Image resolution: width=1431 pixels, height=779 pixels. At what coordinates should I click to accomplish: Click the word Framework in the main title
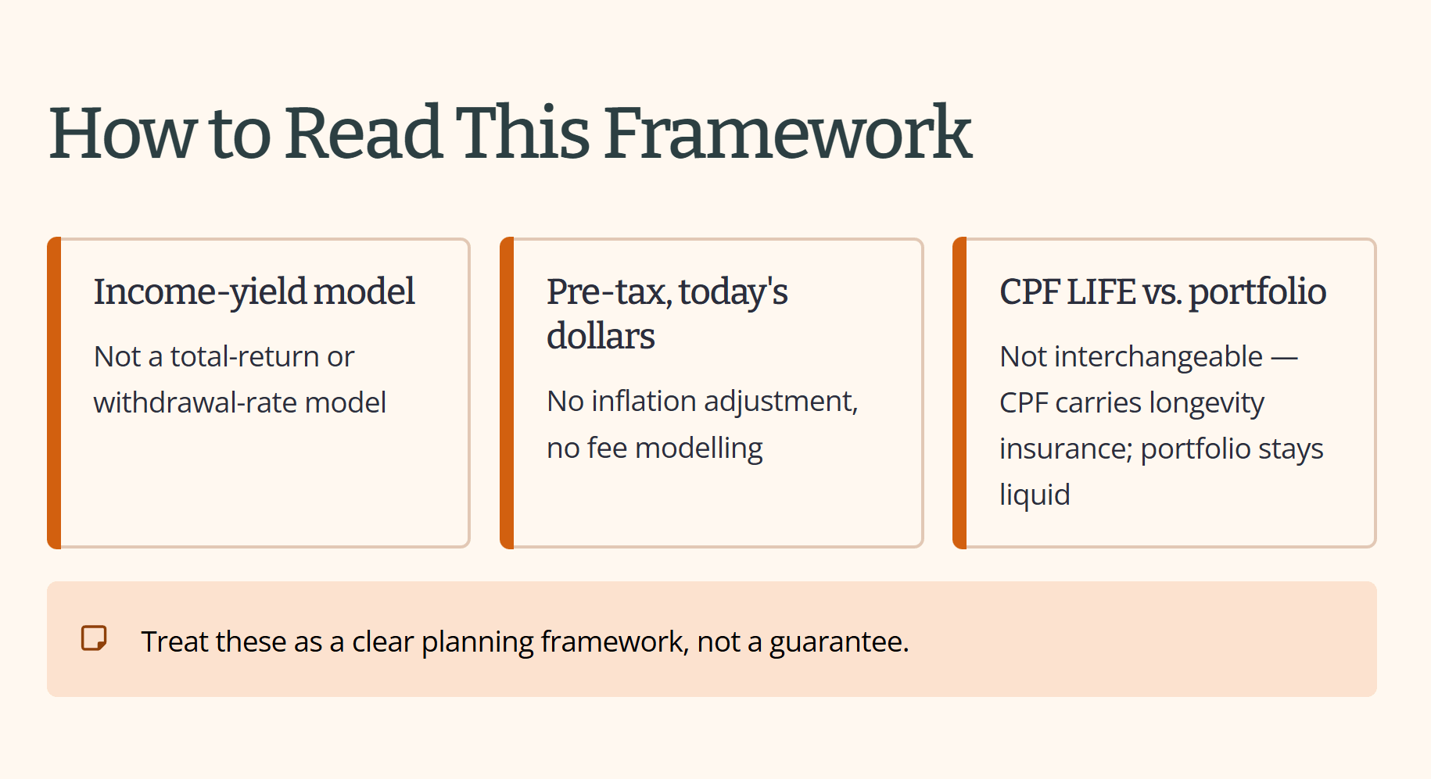pyautogui.click(x=787, y=133)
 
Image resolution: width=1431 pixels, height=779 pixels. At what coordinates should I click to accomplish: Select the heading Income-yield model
pyautogui.click(x=254, y=292)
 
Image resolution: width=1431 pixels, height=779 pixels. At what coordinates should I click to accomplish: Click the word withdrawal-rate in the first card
pyautogui.click(x=195, y=402)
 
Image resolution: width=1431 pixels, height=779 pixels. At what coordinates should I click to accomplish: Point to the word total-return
pyautogui.click(x=245, y=356)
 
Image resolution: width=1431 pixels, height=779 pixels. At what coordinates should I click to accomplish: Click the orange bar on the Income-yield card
pyautogui.click(x=54, y=393)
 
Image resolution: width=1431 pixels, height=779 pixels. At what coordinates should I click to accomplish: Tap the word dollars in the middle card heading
pyautogui.click(x=601, y=336)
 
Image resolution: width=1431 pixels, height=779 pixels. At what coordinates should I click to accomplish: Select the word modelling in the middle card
pyautogui.click(x=699, y=448)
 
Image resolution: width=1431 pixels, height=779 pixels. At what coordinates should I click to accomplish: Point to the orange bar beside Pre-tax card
pyautogui.click(x=507, y=393)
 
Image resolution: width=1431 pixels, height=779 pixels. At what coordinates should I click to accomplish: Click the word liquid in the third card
pyautogui.click(x=1035, y=495)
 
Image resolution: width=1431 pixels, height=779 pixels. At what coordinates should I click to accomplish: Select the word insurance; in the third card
pyautogui.click(x=1066, y=448)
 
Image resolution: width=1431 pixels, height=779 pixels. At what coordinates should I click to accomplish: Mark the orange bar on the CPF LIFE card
pyautogui.click(x=959, y=393)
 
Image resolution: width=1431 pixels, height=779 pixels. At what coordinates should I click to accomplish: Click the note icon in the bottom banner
pyautogui.click(x=94, y=638)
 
